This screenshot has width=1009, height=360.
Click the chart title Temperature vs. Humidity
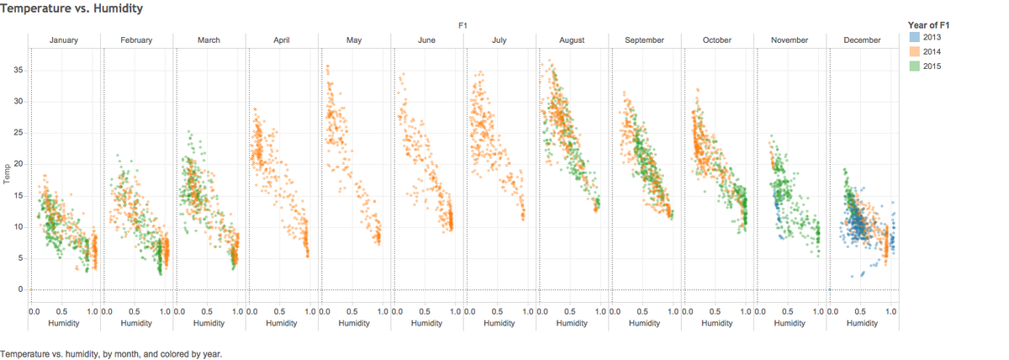click(71, 8)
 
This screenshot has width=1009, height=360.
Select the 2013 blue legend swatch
click(915, 37)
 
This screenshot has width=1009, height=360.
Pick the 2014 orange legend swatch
click(915, 51)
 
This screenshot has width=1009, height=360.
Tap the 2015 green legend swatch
click(915, 66)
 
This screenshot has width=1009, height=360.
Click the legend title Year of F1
click(928, 25)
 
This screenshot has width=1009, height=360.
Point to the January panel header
click(64, 40)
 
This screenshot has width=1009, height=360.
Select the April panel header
click(282, 40)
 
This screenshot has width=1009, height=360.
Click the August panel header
click(572, 40)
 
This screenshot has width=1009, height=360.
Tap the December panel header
click(862, 40)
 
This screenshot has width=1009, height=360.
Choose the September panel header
click(644, 40)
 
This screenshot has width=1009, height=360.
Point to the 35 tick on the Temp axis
click(18, 70)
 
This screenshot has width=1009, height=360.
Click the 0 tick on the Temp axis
click(20, 289)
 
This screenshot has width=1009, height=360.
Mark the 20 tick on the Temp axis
click(18, 163)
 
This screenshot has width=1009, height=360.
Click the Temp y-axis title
click(7, 174)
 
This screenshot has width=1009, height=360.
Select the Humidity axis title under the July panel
click(499, 323)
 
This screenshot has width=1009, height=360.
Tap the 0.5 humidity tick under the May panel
click(351, 311)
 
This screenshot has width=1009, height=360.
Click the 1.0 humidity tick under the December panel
click(890, 311)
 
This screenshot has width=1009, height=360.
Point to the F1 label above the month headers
click(462, 26)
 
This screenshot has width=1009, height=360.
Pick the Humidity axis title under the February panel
click(136, 323)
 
